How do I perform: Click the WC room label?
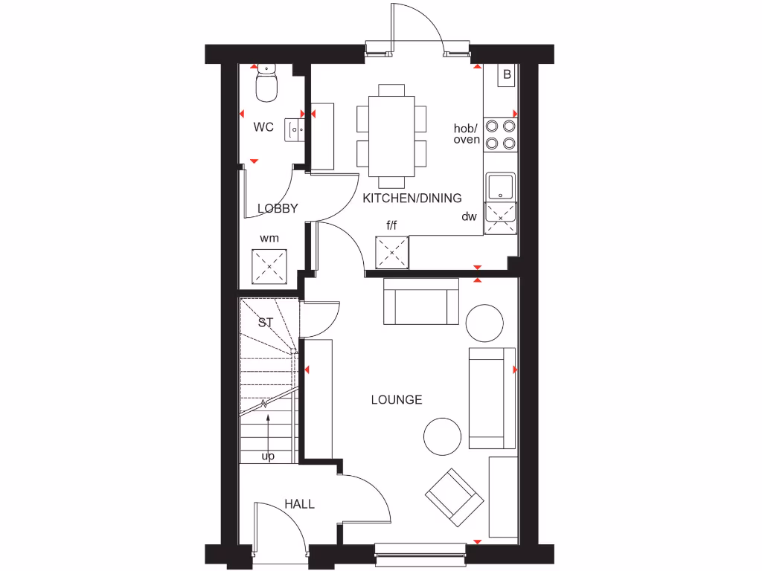coord(263,127)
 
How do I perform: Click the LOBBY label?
coord(278,209)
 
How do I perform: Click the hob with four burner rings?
coord(500,135)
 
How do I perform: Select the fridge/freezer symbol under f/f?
coord(392,252)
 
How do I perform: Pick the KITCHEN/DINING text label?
coord(412,199)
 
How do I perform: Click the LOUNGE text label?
coord(397,400)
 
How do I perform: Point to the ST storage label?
coord(266,323)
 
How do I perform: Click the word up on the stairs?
coord(268,456)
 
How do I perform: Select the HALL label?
coord(299,504)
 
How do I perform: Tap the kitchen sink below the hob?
coord(499,187)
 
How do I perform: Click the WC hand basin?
coord(295,129)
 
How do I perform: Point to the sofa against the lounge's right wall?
coord(492,398)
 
